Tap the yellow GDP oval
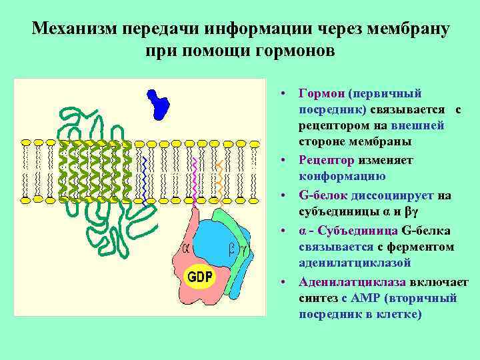point(199,275)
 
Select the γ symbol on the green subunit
point(244,249)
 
